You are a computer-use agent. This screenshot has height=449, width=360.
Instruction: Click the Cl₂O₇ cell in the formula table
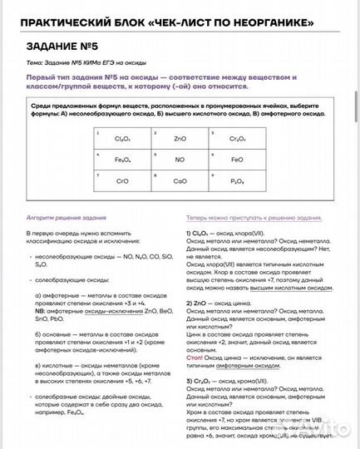(x=122, y=139)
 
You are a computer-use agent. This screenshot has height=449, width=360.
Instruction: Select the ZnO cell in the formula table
(x=180, y=139)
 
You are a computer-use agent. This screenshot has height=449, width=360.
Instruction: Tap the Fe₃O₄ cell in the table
(x=122, y=159)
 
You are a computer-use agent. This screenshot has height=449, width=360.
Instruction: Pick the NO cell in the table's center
(x=180, y=159)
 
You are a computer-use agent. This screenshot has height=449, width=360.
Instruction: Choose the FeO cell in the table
(x=237, y=159)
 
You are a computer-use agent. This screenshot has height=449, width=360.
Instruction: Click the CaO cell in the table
(x=180, y=180)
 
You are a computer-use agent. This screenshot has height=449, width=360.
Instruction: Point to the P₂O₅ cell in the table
(x=237, y=180)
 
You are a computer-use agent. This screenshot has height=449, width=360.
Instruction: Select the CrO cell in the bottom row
(x=122, y=180)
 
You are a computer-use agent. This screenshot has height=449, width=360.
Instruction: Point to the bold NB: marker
(x=39, y=310)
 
